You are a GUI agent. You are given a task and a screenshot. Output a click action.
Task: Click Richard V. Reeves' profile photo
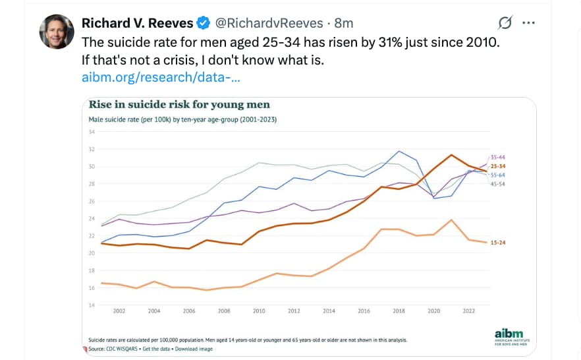57,31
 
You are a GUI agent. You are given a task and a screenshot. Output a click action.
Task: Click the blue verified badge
204,23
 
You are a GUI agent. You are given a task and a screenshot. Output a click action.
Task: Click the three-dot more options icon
528,22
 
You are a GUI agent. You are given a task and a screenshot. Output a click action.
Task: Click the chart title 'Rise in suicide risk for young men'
179,105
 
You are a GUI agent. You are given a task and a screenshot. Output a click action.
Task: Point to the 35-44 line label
498,157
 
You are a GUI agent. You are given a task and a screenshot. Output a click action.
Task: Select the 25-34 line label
498,166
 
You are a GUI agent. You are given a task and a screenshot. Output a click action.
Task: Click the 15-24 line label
498,243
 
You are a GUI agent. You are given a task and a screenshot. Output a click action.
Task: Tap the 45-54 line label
498,184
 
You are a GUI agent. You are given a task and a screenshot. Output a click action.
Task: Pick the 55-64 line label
498,175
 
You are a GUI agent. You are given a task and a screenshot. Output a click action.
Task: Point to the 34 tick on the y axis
92,132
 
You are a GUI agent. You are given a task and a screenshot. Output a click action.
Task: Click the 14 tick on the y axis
92,305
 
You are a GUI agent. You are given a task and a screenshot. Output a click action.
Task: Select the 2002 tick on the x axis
119,311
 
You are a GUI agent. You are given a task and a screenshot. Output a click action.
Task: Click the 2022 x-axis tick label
469,311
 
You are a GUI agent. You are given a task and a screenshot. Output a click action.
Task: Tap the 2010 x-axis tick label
259,311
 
